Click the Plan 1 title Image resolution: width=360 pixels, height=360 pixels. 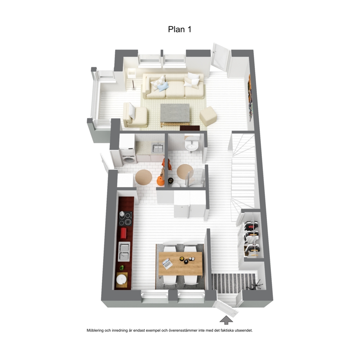tap(180, 29)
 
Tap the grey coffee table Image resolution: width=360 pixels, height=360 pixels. tap(175, 114)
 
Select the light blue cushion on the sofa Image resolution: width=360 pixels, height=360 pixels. tap(163, 87)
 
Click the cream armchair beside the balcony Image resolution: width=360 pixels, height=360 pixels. tap(135, 115)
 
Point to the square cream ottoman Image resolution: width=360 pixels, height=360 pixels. tap(208, 116)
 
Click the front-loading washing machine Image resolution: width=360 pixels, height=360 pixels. tap(128, 159)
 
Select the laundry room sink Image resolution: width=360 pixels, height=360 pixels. tap(157, 148)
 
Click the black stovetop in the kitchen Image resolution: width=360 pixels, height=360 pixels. tap(125, 218)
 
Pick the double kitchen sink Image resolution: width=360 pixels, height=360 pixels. tap(124, 251)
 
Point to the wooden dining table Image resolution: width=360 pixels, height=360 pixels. tap(180, 263)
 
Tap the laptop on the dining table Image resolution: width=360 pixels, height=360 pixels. tap(168, 264)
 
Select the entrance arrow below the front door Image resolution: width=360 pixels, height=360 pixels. tap(226, 320)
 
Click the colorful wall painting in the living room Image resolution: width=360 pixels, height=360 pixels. tap(251, 98)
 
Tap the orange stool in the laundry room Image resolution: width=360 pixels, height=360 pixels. tap(160, 181)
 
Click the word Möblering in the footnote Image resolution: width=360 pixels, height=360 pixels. tap(95, 330)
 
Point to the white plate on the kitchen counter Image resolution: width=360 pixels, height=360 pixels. tap(122, 280)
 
